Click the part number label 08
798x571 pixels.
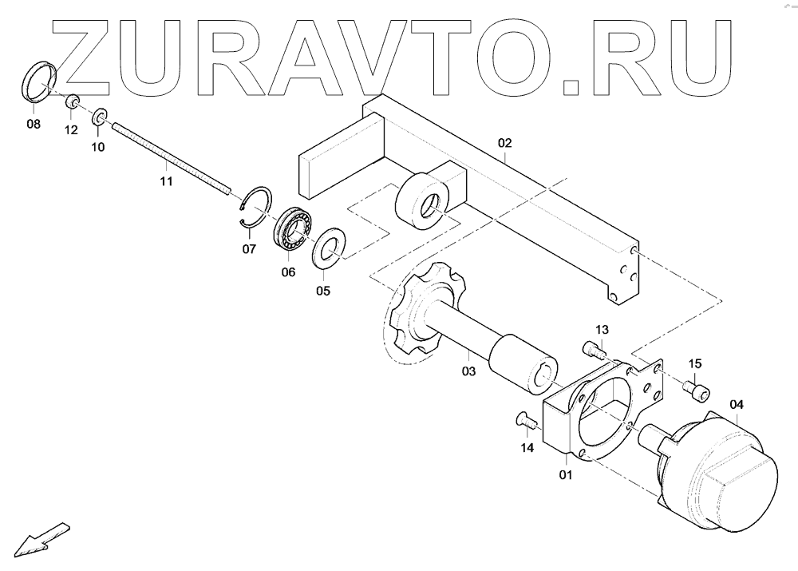click(33, 124)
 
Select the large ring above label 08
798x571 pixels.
click(38, 80)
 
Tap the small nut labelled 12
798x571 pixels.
click(71, 101)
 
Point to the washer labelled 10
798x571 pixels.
click(100, 118)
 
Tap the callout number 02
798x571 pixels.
click(504, 144)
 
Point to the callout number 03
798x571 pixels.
click(468, 371)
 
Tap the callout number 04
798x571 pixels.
click(736, 404)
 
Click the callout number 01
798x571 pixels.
click(566, 476)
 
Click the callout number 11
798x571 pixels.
click(166, 182)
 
